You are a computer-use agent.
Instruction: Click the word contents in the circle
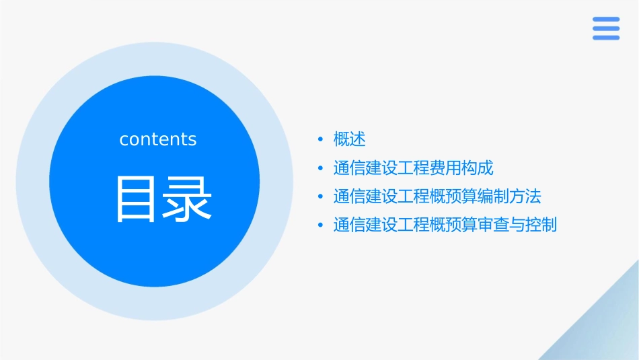click(x=158, y=139)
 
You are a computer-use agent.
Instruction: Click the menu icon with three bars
click(x=606, y=28)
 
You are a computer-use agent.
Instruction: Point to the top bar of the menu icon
click(x=606, y=20)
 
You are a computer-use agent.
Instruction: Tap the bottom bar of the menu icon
click(x=606, y=38)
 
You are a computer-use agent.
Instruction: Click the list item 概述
click(x=350, y=139)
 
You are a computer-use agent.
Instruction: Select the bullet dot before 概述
click(x=320, y=139)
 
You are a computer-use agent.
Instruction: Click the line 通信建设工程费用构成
click(x=414, y=168)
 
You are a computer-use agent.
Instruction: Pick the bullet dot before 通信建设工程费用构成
click(x=320, y=168)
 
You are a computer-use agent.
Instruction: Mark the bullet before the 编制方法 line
click(x=320, y=196)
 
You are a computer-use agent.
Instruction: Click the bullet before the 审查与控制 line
click(x=320, y=225)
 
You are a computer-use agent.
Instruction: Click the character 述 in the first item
click(x=358, y=139)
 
